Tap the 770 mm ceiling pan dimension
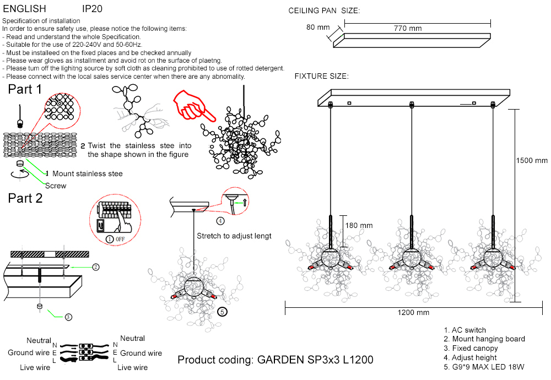point(408,29)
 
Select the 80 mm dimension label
point(318,27)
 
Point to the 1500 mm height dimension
point(532,161)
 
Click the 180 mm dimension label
point(359,225)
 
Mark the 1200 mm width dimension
point(413,313)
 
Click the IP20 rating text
point(92,9)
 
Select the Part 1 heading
point(25,89)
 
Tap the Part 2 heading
point(25,198)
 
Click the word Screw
point(56,186)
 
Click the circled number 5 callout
point(222,312)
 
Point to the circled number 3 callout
point(68,317)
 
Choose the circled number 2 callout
point(96,267)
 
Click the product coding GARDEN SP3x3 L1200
point(275,360)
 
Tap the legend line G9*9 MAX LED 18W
point(483,366)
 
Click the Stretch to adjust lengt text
point(234,236)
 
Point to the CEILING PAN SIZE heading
point(324,11)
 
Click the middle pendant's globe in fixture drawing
point(411,257)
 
